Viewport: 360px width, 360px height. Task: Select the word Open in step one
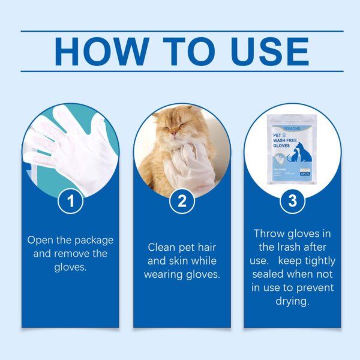pyautogui.click(x=40, y=240)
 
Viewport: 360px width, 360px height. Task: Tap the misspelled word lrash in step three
pyautogui.click(x=294, y=247)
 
